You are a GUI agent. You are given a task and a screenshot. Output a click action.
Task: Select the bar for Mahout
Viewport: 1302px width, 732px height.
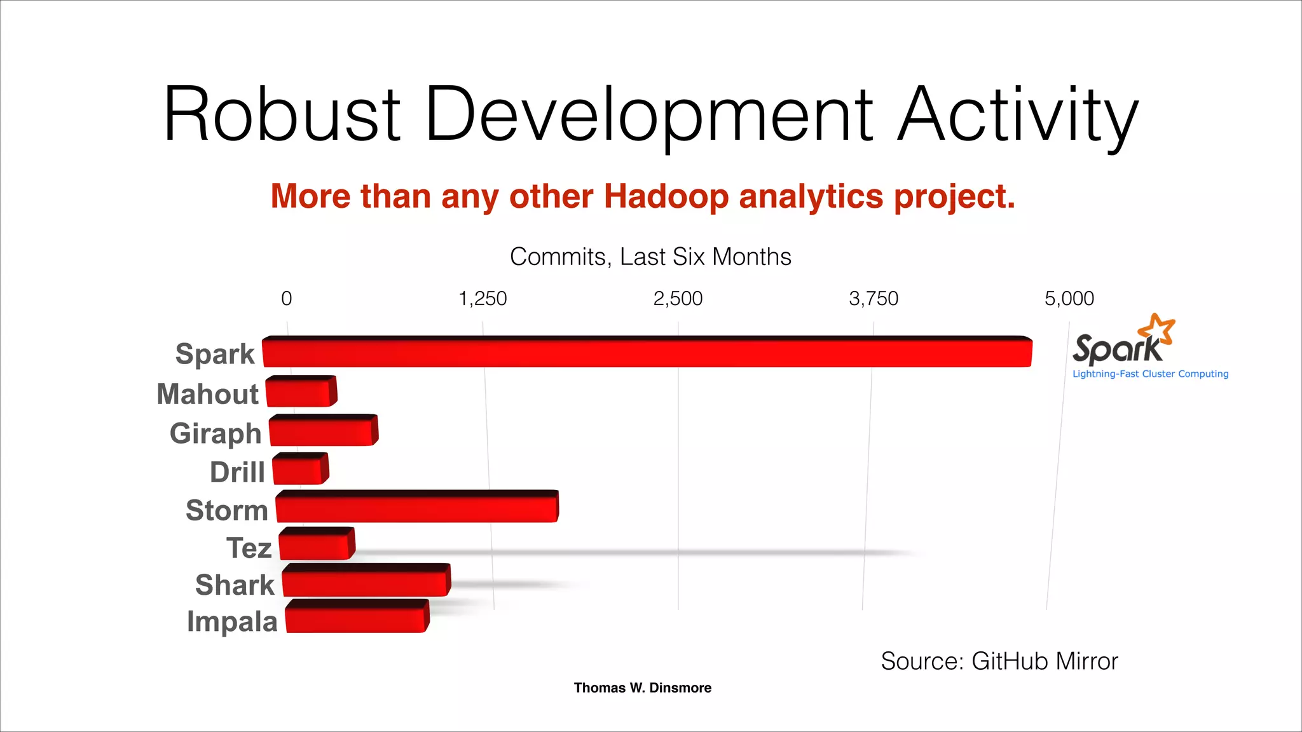[300, 392]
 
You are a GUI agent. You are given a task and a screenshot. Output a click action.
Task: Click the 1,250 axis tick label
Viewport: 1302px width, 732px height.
[483, 298]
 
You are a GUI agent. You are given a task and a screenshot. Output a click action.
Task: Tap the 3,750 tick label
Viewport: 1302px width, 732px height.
[874, 298]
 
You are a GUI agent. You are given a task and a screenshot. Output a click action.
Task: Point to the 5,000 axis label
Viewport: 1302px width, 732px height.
[1069, 298]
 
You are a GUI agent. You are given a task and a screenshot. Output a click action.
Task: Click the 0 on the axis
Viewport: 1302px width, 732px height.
[287, 298]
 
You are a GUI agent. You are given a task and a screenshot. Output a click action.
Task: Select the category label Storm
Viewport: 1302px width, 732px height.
[227, 510]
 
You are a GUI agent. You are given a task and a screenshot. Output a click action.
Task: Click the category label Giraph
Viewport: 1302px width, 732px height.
[216, 433]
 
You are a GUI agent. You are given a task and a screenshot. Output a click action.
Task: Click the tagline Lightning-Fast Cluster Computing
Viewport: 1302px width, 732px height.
[1150, 374]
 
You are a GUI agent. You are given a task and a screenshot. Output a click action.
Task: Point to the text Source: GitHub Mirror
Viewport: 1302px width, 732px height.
[999, 661]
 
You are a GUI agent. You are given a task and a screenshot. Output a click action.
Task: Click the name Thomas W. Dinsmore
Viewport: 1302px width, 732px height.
[642, 688]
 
